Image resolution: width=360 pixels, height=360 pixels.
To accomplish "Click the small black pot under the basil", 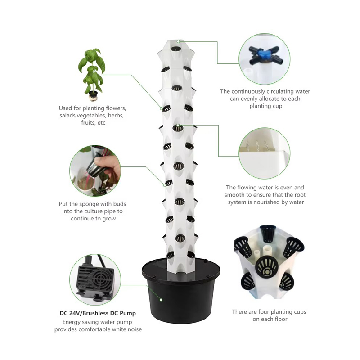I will pos(93,95).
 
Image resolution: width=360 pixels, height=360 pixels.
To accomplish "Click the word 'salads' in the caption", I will pos(69,116).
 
